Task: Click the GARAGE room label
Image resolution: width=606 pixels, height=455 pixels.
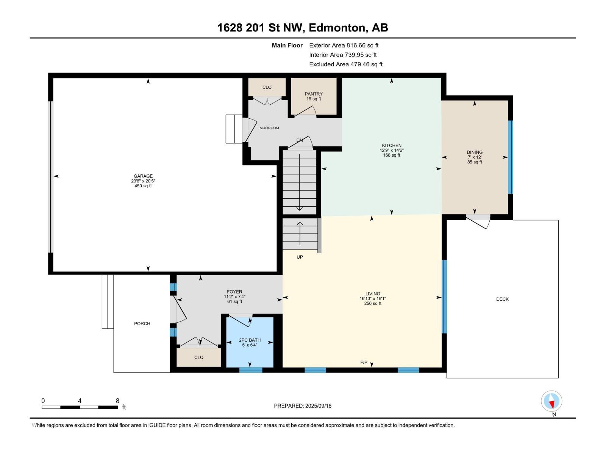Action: point(143,176)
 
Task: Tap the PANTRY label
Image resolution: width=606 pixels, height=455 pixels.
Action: point(314,94)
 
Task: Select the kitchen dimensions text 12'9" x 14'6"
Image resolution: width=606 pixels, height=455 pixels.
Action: point(392,150)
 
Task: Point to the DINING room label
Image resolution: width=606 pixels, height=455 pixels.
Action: point(475,152)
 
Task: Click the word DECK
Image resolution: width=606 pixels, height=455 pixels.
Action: point(502,299)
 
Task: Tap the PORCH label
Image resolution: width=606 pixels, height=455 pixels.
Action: point(142,323)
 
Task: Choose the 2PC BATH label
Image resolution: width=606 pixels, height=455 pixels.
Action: point(250,340)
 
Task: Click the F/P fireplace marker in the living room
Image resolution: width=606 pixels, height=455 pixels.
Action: point(364,362)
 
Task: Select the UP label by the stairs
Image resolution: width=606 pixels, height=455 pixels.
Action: point(300,257)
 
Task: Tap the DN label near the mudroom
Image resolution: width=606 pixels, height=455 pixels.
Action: point(300,140)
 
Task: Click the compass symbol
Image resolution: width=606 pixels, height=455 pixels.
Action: point(551,401)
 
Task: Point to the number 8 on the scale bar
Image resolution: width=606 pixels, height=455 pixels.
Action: point(117,400)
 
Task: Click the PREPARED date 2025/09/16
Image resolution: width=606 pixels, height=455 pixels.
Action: point(318,406)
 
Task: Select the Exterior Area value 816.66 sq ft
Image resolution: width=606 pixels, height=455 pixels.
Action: point(362,45)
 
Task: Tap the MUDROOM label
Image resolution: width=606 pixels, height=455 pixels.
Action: point(269,128)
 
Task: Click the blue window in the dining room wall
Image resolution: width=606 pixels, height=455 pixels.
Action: point(511,157)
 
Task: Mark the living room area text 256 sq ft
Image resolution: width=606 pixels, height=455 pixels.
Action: point(373,303)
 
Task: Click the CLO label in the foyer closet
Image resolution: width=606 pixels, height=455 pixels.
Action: point(199,358)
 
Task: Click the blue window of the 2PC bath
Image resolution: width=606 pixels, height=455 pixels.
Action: point(250,370)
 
